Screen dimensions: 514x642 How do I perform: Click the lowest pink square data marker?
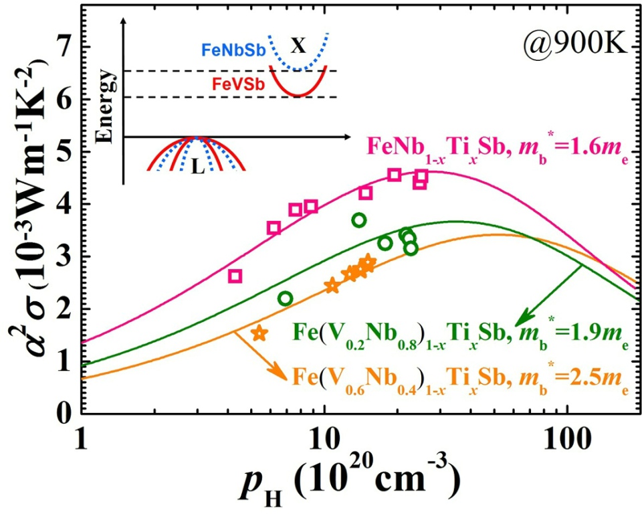235,276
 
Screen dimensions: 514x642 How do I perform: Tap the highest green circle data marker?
359,220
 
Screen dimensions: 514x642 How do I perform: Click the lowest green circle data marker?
286,298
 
